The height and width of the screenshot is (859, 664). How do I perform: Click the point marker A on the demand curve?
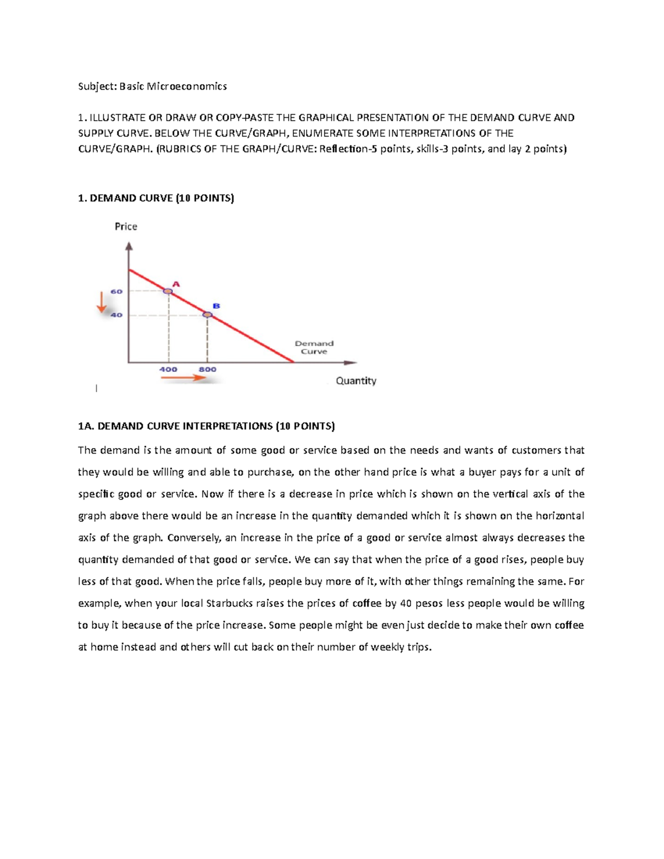(x=168, y=291)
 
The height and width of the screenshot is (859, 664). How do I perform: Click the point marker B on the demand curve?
(x=207, y=315)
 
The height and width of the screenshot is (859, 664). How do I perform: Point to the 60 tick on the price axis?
(x=117, y=291)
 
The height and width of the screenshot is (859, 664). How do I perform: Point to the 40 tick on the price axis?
(x=117, y=315)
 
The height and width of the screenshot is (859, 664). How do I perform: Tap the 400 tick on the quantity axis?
(x=168, y=369)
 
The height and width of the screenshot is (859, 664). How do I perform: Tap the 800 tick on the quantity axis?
(x=207, y=369)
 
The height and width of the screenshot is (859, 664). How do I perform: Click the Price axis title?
(x=126, y=226)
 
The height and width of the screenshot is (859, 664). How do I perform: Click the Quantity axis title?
(x=356, y=381)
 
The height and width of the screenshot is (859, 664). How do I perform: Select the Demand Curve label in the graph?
(x=314, y=347)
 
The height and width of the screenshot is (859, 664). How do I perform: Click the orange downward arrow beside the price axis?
(x=101, y=303)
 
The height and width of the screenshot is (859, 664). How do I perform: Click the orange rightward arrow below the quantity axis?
(x=183, y=378)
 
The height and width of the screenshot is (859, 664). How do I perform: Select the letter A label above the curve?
(x=176, y=284)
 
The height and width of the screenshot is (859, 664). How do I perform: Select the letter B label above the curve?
(x=216, y=306)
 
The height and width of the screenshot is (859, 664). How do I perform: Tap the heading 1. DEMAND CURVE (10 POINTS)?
(x=156, y=198)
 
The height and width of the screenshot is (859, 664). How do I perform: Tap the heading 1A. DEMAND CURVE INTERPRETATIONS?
(x=206, y=426)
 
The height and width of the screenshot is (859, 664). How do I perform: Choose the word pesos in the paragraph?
(x=429, y=603)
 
